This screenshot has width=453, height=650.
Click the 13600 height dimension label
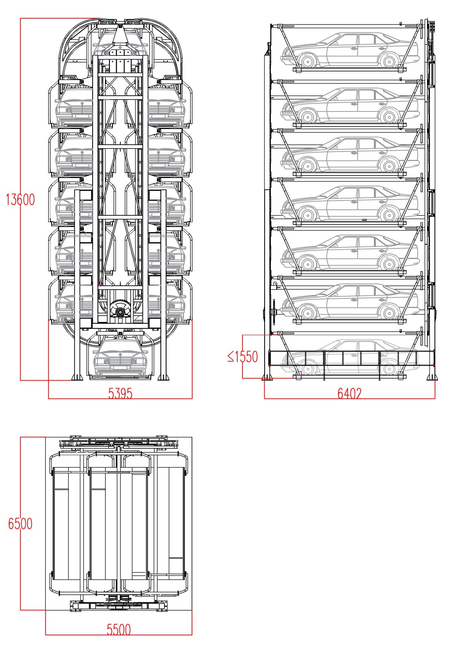pos(20,200)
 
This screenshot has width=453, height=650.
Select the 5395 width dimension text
pos(120,394)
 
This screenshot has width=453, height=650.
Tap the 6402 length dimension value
pos(349,394)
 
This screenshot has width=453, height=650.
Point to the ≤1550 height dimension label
pos(243,356)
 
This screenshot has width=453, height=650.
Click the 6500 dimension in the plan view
pos(20,524)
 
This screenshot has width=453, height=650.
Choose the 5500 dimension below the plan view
pos(119,630)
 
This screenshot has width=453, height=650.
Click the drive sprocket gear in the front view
pos(120,309)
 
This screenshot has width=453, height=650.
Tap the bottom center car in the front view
pos(120,359)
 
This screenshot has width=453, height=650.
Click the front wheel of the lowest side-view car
pos(307,369)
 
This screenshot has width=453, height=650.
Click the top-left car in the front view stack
pos(74,107)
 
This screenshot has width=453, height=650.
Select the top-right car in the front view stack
pos(166,107)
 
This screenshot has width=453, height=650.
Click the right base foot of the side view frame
pos(432,377)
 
